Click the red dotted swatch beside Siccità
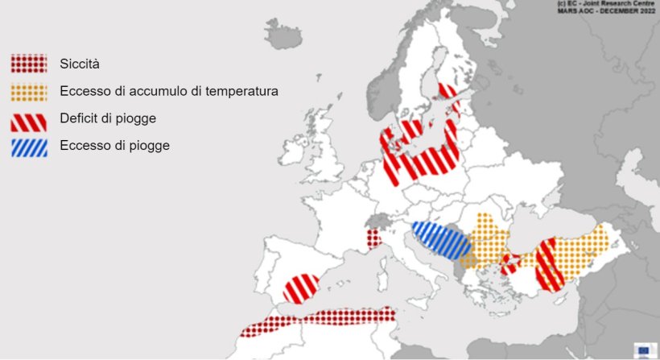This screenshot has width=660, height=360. pyautogui.click(x=28, y=64)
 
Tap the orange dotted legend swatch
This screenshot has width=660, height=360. pyautogui.click(x=28, y=92)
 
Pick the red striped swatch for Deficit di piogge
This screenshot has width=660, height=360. pyautogui.click(x=28, y=120)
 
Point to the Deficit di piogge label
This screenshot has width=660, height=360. pyautogui.click(x=107, y=119)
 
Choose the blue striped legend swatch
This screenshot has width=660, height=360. pyautogui.click(x=28, y=147)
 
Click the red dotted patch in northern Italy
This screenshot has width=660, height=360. pyautogui.click(x=373, y=239)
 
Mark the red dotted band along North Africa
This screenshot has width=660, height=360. pyautogui.click(x=322, y=320)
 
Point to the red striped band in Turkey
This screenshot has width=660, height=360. pyautogui.click(x=550, y=264)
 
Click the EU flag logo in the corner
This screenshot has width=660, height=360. pyautogui.click(x=643, y=350)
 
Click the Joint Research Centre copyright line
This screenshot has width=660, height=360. pyautogui.click(x=607, y=5)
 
